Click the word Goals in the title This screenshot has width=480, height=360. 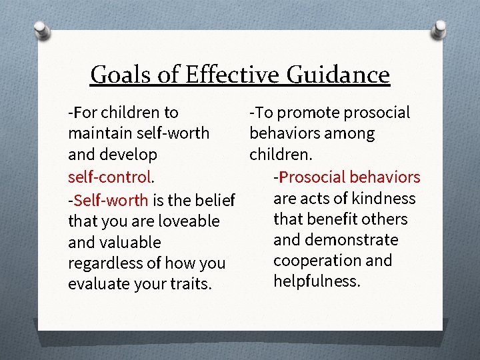(119, 74)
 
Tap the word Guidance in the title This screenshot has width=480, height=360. (338, 74)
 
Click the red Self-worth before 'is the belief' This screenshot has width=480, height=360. (111, 199)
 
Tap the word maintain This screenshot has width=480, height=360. (97, 133)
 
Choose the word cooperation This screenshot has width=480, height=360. (313, 261)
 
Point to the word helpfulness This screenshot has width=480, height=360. (317, 281)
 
